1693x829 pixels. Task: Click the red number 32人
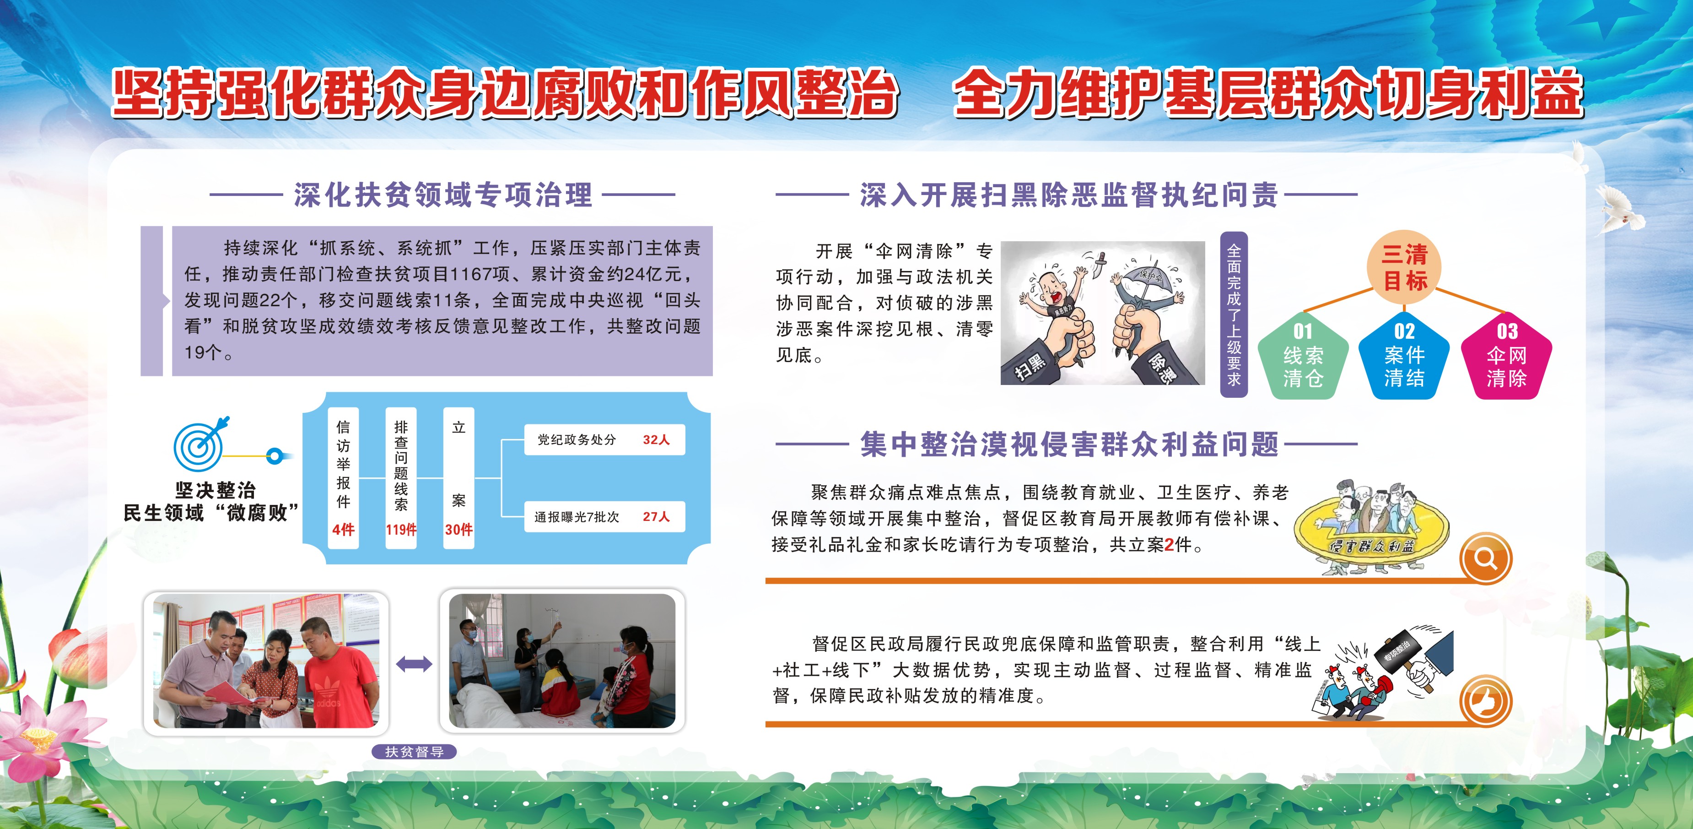pyautogui.click(x=656, y=440)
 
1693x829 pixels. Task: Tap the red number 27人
pyautogui.click(x=656, y=517)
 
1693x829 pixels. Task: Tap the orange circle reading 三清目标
pyautogui.click(x=1404, y=267)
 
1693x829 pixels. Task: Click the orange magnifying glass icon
pyautogui.click(x=1485, y=559)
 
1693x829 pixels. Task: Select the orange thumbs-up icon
pyautogui.click(x=1485, y=701)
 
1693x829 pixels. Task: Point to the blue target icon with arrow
pyautogui.click(x=200, y=443)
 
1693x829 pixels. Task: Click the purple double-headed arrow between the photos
pyautogui.click(x=414, y=664)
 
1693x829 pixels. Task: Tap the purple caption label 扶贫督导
pyautogui.click(x=414, y=752)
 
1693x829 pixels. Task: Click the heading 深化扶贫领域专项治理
pyautogui.click(x=443, y=195)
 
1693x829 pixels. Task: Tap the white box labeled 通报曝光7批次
pyautogui.click(x=604, y=517)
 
